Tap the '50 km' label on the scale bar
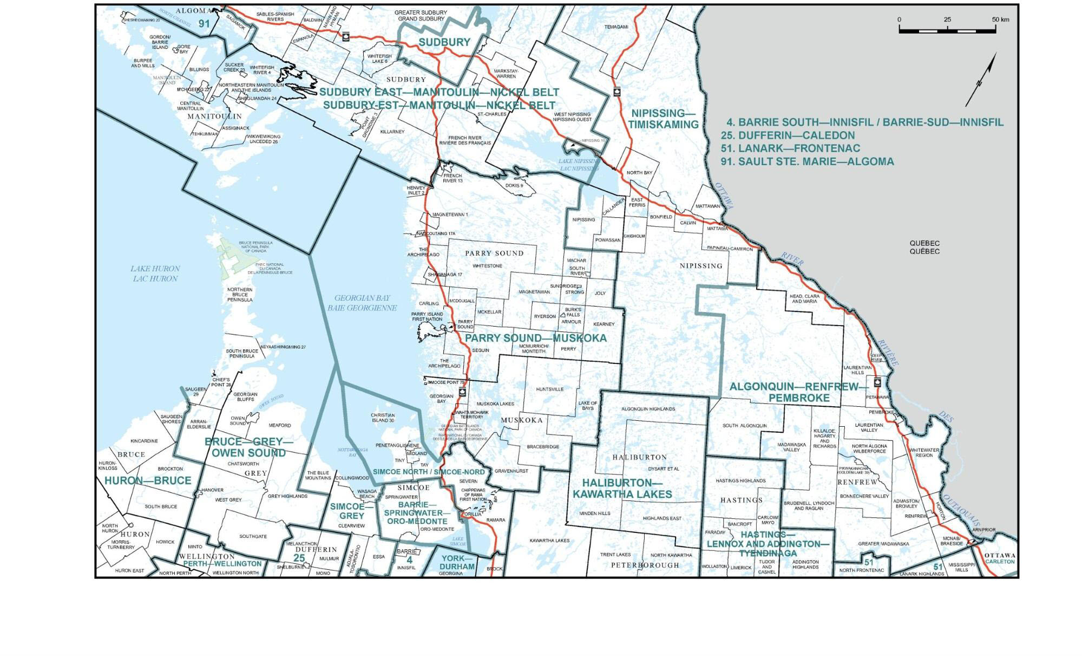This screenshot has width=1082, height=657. [1000, 19]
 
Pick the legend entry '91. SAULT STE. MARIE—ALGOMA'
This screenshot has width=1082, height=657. [807, 161]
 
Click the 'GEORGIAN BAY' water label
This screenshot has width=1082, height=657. [362, 298]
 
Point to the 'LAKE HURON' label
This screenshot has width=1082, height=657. [155, 269]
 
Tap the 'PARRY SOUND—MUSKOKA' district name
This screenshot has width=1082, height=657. [535, 338]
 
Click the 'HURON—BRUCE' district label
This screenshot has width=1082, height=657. [148, 480]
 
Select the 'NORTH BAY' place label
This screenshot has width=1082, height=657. [639, 173]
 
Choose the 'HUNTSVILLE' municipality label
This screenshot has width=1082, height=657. [549, 389]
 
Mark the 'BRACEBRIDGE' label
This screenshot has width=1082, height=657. [542, 447]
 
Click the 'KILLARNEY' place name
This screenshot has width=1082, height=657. [392, 132]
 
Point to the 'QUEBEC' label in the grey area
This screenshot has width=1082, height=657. [924, 243]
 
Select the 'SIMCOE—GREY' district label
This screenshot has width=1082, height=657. [352, 511]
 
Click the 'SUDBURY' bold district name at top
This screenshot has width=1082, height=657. [444, 42]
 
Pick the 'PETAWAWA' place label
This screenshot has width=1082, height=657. [877, 397]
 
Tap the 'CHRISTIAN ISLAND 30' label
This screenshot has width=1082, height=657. [383, 418]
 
